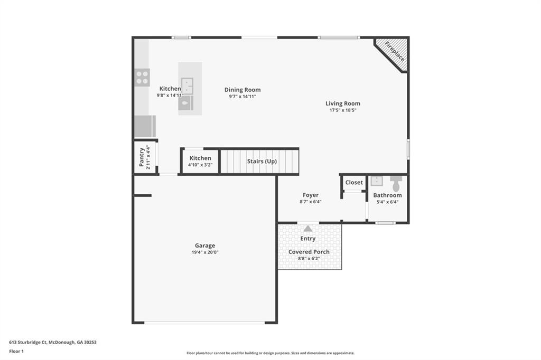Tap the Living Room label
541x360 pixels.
point(342,103)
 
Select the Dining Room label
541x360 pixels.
point(242,90)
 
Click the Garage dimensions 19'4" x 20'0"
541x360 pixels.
point(204,252)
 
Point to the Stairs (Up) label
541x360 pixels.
point(262,161)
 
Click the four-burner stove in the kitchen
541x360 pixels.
point(142,78)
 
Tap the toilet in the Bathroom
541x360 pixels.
point(396,183)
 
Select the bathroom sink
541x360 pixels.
point(376,182)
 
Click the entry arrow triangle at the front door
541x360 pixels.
point(308,228)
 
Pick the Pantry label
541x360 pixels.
point(142,157)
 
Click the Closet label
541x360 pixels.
point(354,183)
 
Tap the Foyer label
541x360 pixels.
point(311,195)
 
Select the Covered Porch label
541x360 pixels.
point(309,252)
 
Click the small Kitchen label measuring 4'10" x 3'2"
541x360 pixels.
point(200,158)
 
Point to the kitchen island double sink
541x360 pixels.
point(187,86)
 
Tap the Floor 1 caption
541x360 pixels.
point(16,350)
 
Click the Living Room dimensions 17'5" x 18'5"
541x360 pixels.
point(342,110)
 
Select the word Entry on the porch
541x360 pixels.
point(308,239)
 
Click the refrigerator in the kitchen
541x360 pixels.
point(144,127)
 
